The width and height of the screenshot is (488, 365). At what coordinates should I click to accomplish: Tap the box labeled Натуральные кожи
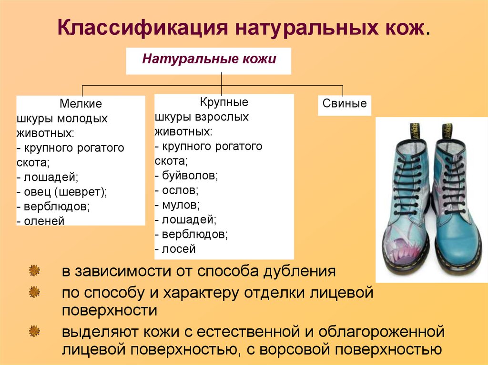pos(209,61)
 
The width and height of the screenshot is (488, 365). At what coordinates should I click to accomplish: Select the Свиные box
pos(345,105)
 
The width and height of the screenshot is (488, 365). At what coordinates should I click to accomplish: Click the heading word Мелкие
pos(81,104)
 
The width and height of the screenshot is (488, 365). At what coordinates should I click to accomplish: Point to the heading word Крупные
pos(224,102)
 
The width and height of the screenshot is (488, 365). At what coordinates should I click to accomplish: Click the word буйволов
pos(190,176)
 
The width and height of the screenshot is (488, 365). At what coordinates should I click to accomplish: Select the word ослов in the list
pos(180,190)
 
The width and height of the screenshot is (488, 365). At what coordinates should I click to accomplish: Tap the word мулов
pos(181,205)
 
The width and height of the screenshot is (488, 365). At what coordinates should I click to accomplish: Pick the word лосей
pos(179,249)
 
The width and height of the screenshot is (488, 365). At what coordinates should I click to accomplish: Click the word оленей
pos(44,221)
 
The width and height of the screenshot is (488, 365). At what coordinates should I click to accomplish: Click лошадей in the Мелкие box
pos(51,177)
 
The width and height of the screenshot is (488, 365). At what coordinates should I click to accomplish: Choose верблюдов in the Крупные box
pos(195,234)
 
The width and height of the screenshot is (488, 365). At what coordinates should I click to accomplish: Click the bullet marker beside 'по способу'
pos(34,292)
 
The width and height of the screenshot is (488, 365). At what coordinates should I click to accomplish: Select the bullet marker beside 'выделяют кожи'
pos(34,331)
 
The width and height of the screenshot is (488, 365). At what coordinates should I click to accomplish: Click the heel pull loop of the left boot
pos(414,130)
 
